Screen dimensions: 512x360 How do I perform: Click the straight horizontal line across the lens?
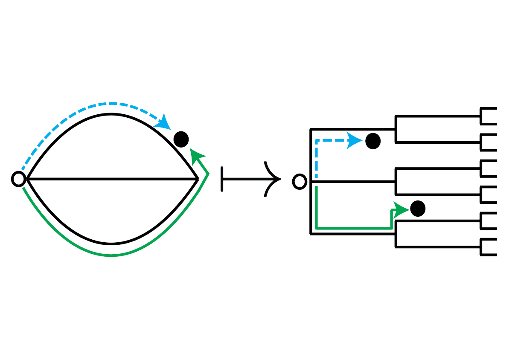[111, 180]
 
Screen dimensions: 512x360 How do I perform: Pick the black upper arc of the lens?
[111, 114]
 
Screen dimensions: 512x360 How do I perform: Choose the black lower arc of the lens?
[111, 244]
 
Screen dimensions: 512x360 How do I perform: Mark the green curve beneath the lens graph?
[111, 255]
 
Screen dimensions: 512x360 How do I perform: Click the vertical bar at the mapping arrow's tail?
[222, 179]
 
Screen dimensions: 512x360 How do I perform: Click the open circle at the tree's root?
[300, 182]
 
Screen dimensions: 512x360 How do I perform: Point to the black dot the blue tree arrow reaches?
[373, 141]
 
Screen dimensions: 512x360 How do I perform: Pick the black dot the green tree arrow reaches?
[417, 208]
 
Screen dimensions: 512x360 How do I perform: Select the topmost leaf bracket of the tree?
[489, 116]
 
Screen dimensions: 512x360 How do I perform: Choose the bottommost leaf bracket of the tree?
[489, 248]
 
